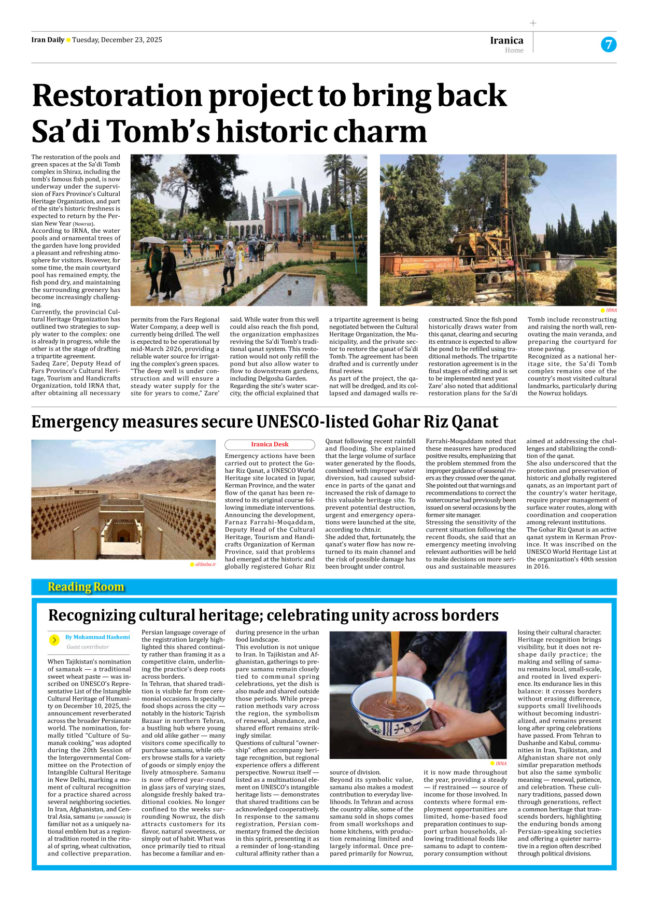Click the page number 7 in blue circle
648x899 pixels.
(609, 45)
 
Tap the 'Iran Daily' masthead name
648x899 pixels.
(48, 40)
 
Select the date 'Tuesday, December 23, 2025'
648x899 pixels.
(117, 40)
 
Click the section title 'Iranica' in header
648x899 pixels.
(506, 40)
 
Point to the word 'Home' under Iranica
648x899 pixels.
(514, 50)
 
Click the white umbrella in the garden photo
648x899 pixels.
(152, 241)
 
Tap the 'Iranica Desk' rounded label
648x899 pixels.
(270, 444)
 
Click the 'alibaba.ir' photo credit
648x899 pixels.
(205, 564)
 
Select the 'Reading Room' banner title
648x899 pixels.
(86, 587)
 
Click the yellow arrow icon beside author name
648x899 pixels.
(54, 640)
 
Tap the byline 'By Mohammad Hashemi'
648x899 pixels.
(97, 637)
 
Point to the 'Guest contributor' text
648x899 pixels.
(88, 647)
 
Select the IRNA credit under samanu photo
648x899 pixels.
(501, 763)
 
